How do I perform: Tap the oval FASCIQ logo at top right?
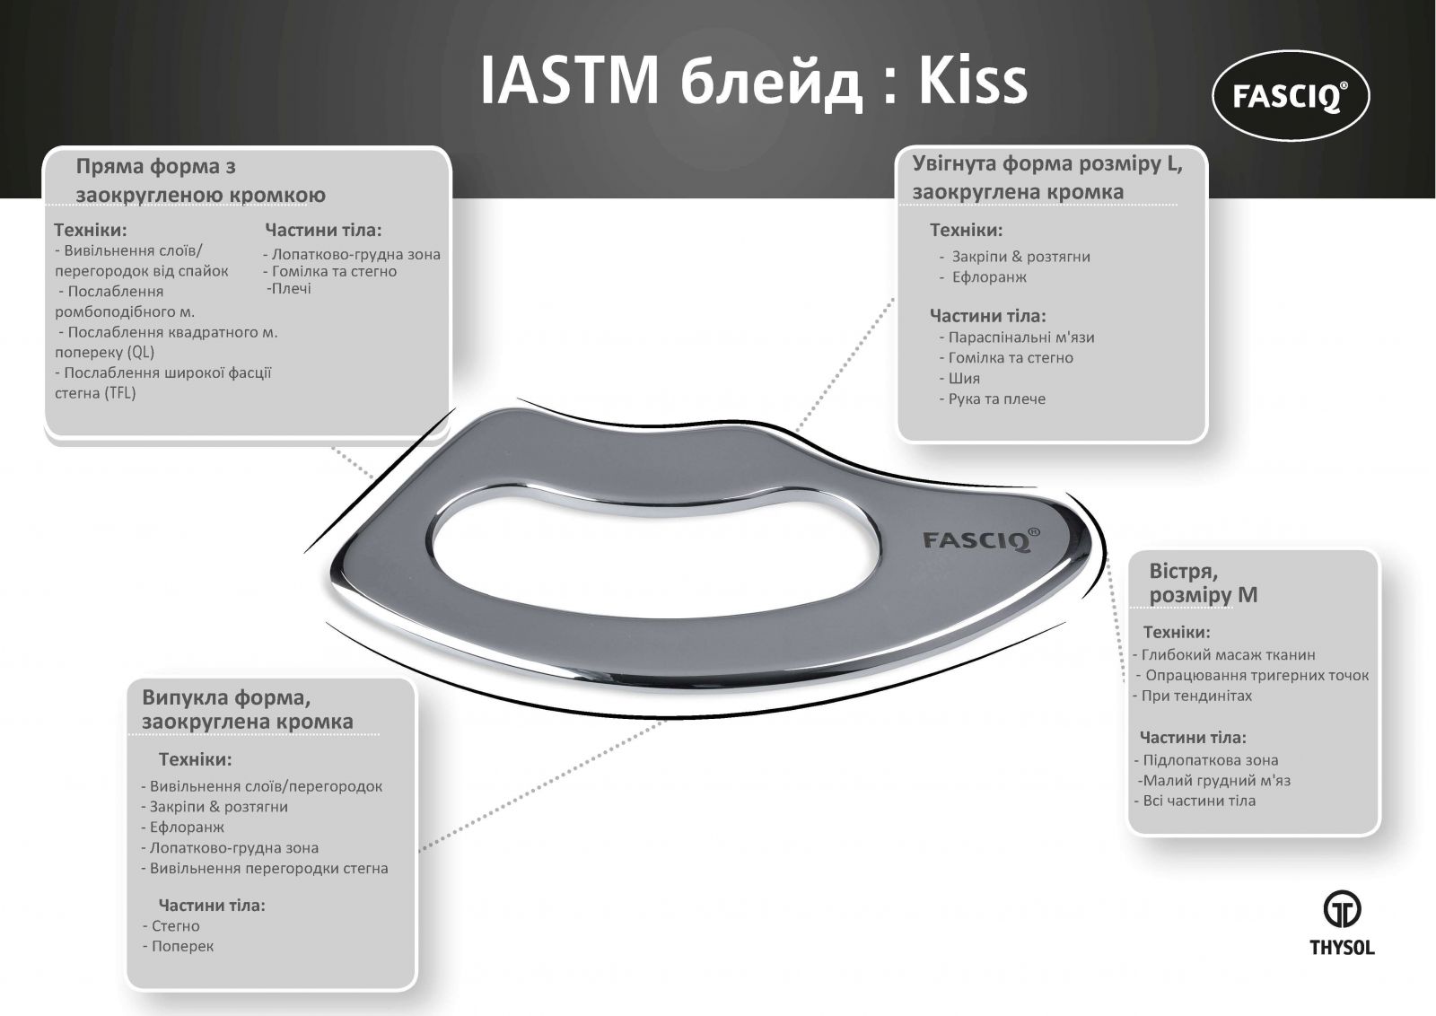pos(1291,95)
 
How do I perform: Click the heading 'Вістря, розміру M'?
pos(1203,582)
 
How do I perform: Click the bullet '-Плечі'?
pos(288,289)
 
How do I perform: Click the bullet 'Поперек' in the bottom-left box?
pos(178,946)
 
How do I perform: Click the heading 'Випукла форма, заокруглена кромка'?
pos(248,709)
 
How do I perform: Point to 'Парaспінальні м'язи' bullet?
pos(1017,337)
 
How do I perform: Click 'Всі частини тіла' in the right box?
pos(1194,801)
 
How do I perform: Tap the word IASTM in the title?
pos(570,82)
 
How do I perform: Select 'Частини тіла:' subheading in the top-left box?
pos(323,230)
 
